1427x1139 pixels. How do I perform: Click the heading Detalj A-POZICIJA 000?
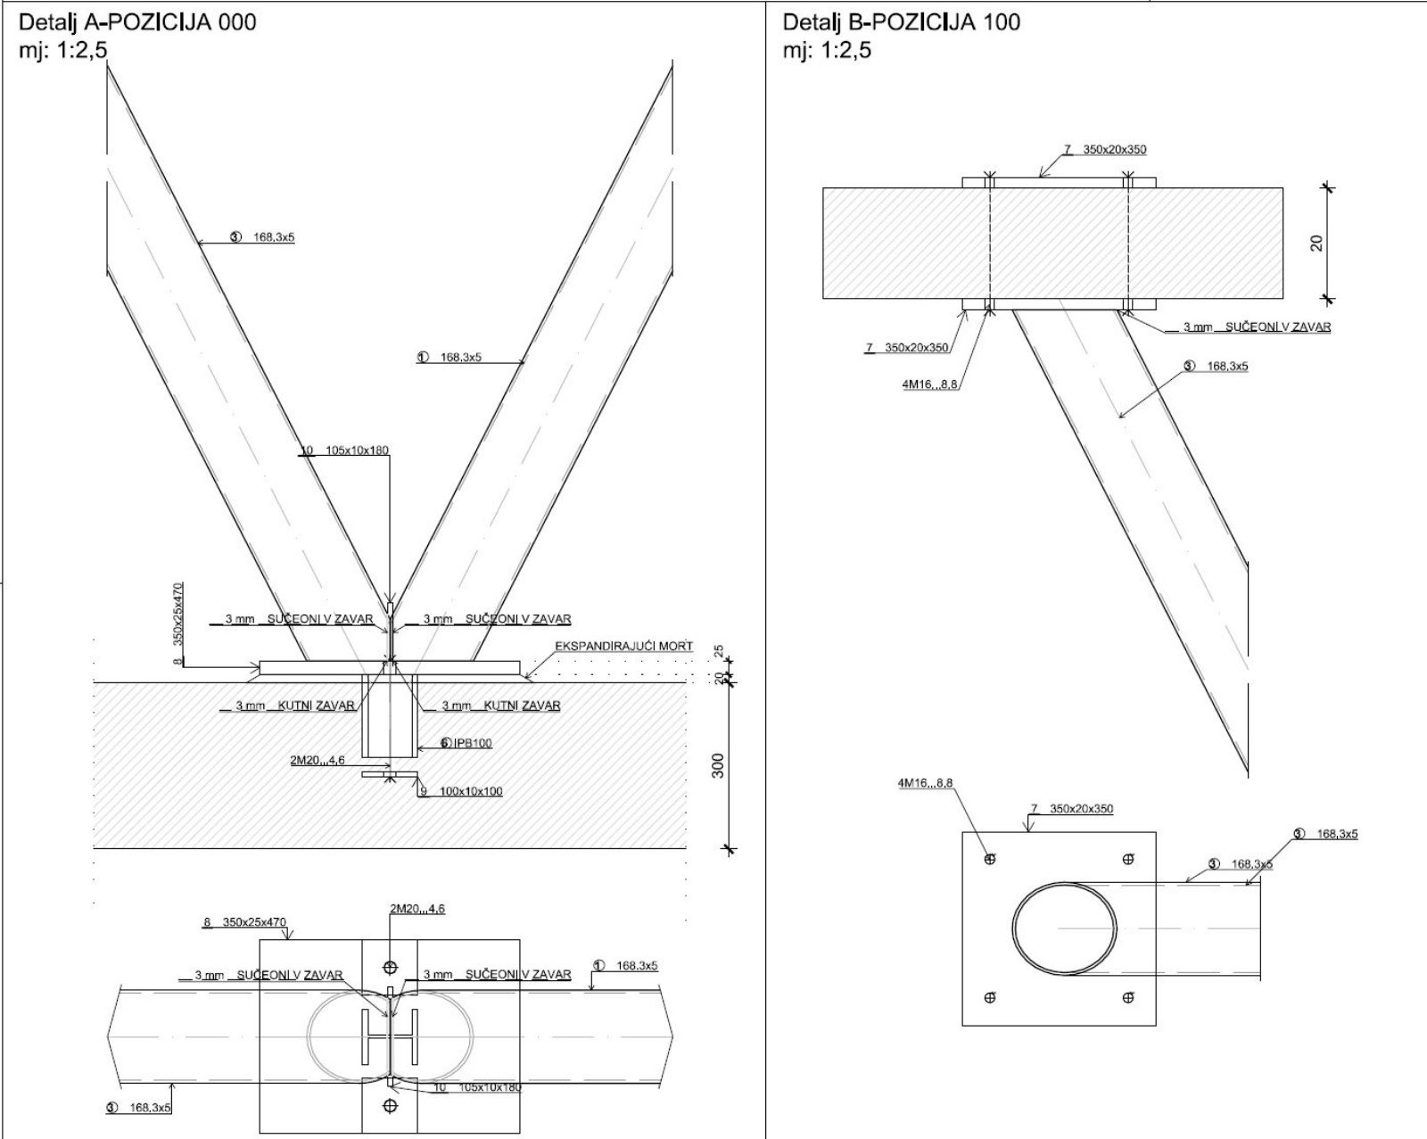tap(137, 22)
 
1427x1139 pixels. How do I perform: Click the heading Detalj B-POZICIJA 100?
tap(901, 22)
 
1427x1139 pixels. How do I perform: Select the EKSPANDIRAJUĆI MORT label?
tap(623, 646)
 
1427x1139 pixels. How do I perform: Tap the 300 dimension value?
tap(719, 765)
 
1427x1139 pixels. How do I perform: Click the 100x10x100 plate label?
tap(470, 791)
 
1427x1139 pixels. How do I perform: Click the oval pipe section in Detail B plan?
tap(1065, 929)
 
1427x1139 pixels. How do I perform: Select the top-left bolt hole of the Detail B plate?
tap(989, 859)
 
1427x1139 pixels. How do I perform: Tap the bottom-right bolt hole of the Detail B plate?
tap(1128, 998)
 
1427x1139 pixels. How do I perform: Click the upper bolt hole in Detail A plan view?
tap(390, 968)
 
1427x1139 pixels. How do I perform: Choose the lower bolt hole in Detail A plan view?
tap(390, 1106)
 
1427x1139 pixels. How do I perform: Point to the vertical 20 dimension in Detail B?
tap(1316, 242)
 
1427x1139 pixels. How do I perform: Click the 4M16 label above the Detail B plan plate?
tap(925, 783)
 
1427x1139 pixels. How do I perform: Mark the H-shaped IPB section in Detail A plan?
tap(390, 1037)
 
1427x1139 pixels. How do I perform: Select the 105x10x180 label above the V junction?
tap(354, 450)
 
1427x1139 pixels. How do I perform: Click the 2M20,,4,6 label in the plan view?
tap(417, 909)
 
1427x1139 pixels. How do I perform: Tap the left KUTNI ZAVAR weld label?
tap(294, 706)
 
